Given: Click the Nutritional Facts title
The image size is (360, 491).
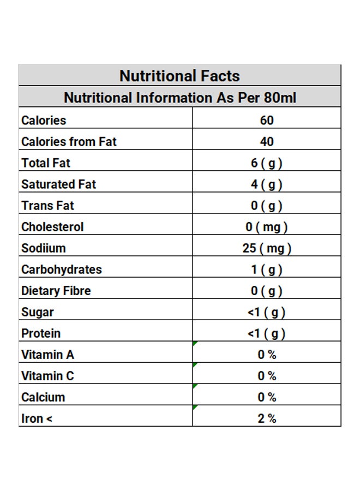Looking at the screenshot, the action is pyautogui.click(x=179, y=76).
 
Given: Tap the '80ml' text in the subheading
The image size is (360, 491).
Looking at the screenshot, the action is pyautogui.click(x=280, y=98).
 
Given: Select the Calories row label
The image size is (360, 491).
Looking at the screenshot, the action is pyautogui.click(x=44, y=120).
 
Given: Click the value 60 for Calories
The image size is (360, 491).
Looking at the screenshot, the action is pyautogui.click(x=267, y=120).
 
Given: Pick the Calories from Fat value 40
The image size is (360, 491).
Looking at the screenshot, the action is pyautogui.click(x=267, y=141).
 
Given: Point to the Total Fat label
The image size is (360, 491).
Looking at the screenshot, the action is pyautogui.click(x=46, y=163).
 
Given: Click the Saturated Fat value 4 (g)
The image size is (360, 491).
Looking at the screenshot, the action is pyautogui.click(x=267, y=184).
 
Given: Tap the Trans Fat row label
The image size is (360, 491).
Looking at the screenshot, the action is pyautogui.click(x=47, y=206).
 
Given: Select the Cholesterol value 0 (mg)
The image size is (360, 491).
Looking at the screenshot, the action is pyautogui.click(x=267, y=227).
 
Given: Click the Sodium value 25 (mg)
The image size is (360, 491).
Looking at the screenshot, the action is pyautogui.click(x=267, y=248).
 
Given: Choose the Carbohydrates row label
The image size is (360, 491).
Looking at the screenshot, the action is pyautogui.click(x=61, y=270).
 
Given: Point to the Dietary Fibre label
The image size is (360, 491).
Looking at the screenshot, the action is pyautogui.click(x=56, y=291).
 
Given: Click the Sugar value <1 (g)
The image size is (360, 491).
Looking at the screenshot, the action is pyautogui.click(x=267, y=312).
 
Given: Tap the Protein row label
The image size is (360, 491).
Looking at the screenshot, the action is pyautogui.click(x=41, y=333).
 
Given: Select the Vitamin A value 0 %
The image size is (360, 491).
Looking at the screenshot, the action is pyautogui.click(x=267, y=355).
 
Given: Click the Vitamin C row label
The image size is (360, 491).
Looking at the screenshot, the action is pyautogui.click(x=47, y=376).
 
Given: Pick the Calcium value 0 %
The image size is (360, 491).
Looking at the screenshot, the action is pyautogui.click(x=267, y=397).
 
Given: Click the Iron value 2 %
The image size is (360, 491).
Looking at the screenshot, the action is pyautogui.click(x=267, y=418).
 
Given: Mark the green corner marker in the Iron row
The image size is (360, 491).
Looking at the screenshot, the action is pyautogui.click(x=194, y=407).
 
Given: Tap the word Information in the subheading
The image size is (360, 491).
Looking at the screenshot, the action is pyautogui.click(x=174, y=98).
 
